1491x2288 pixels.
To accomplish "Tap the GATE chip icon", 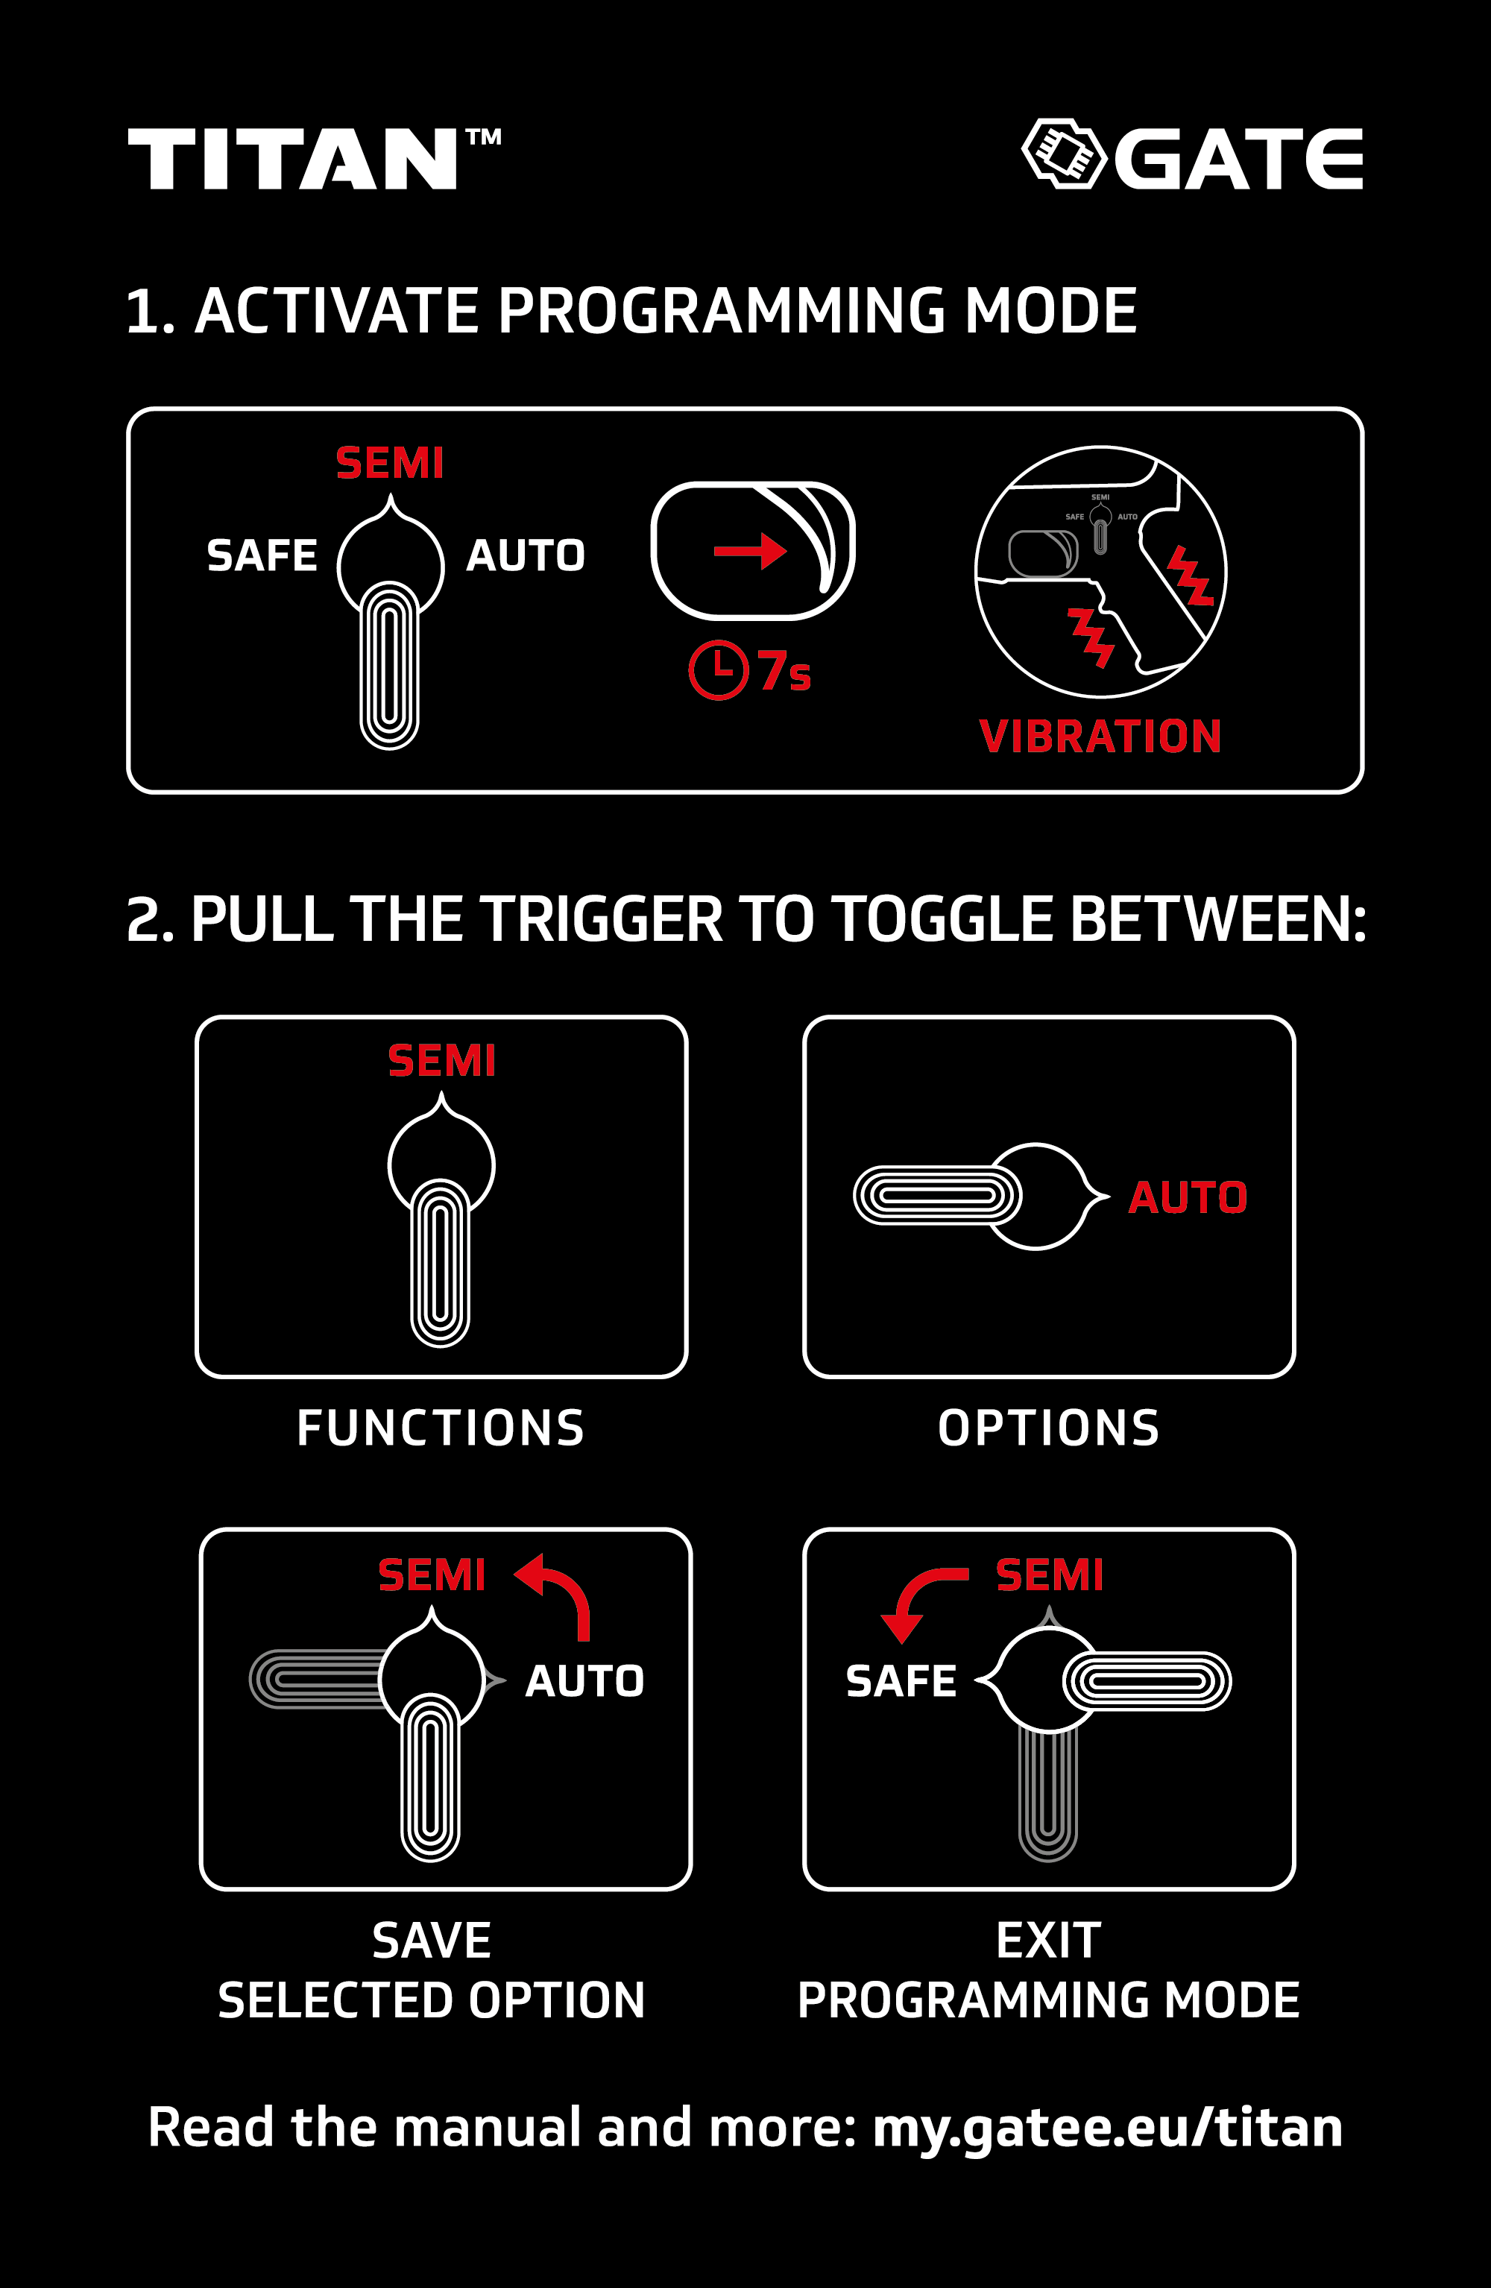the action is pos(1064,154).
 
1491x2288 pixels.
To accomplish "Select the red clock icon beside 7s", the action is pos(718,670).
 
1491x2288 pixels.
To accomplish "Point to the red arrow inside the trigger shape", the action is pos(751,551).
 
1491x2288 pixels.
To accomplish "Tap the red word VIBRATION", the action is pos(1100,737).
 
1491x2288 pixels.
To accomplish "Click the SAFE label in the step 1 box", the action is pos(262,555).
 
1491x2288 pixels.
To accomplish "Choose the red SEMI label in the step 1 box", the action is pos(389,464).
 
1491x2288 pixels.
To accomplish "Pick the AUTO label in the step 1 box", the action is pos(526,555).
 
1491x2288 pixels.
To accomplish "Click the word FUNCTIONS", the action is pos(441,1428).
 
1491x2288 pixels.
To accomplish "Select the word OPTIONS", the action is pos(1049,1428).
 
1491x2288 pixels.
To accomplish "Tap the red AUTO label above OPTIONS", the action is pos(1188,1197).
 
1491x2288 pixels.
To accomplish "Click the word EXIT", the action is pos(1049,1940).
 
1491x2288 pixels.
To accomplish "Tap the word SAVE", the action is pos(432,1940).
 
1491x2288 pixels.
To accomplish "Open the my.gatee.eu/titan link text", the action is pos(1107,2128).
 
